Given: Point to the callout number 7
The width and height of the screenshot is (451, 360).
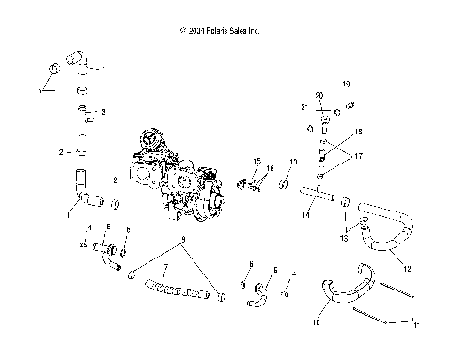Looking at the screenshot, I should [165, 269].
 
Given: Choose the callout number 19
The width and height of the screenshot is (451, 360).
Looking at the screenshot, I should [346, 84].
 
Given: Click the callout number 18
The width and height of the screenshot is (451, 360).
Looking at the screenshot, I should [356, 133].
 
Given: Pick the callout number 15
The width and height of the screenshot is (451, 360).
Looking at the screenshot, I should [257, 161].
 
